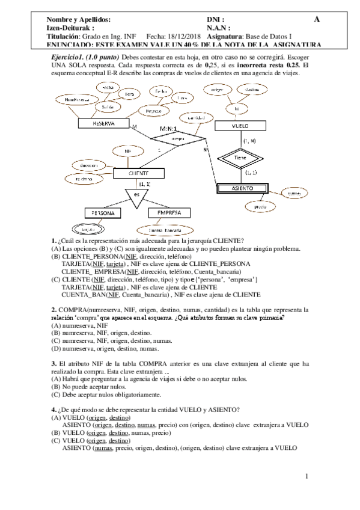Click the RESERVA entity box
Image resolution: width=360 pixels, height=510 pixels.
104,123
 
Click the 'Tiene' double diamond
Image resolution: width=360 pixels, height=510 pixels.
240,157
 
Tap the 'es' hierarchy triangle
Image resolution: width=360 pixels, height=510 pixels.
137,195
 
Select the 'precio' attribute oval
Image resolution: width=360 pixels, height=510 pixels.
260,206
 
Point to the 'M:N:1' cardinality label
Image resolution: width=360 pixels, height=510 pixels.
172,129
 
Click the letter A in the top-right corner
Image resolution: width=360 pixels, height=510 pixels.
316,19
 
